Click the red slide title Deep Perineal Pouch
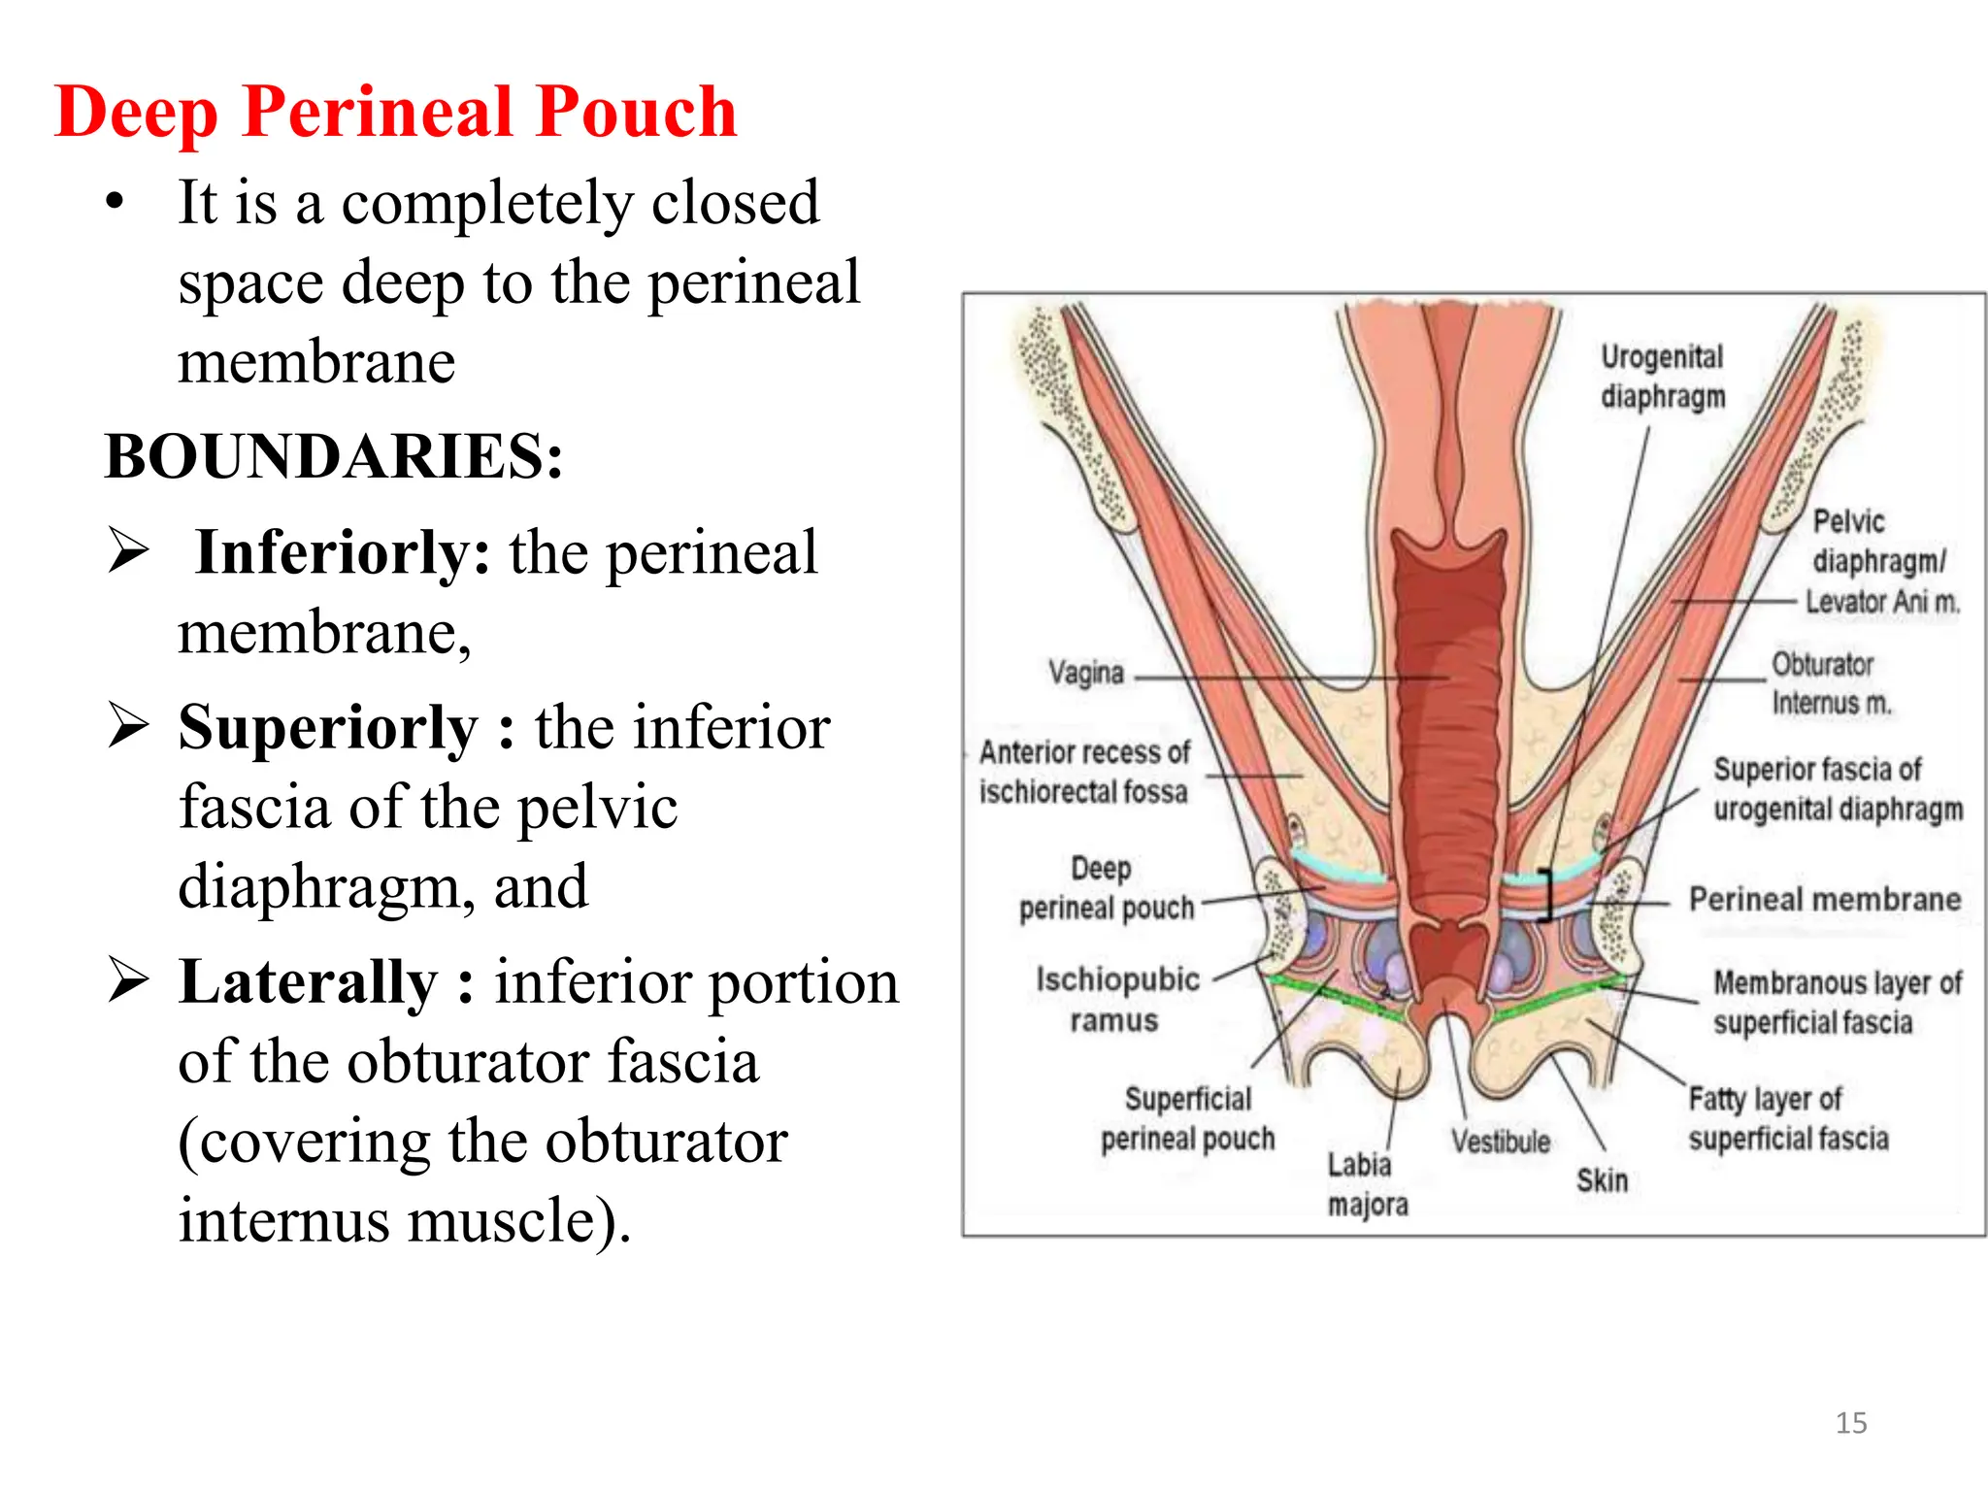click(396, 113)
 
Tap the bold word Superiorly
click(328, 727)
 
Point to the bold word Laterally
click(309, 981)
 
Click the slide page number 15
click(1850, 1423)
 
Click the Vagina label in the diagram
click(1085, 672)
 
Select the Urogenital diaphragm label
click(1662, 377)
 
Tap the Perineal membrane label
click(1825, 899)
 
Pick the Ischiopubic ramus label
click(1116, 1000)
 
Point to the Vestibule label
click(1500, 1142)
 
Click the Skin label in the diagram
click(1602, 1180)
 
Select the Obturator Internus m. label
click(1830, 683)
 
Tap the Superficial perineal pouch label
click(1188, 1118)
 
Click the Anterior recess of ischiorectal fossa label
click(1083, 772)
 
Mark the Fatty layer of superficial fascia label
click(1788, 1118)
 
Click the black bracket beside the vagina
click(1546, 893)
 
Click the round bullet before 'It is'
click(116, 203)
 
